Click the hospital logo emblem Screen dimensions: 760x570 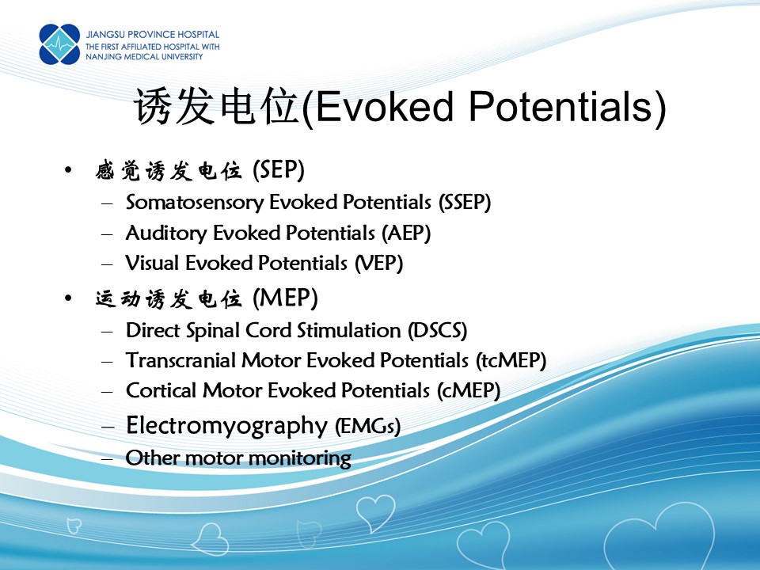[x=59, y=44]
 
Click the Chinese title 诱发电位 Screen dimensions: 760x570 [x=215, y=107]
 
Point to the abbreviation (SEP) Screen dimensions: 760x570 [x=279, y=169]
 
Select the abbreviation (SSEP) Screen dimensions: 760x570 [x=465, y=202]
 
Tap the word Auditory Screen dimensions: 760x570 [x=166, y=233]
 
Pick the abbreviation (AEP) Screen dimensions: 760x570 [x=405, y=233]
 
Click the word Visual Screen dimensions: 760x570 [x=152, y=263]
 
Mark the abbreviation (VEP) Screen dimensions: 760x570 [x=378, y=263]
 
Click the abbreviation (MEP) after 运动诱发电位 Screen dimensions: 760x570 [x=285, y=298]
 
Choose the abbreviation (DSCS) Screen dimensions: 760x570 [x=437, y=331]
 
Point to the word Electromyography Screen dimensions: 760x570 [x=227, y=426]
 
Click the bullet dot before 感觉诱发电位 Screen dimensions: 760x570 [x=68, y=170]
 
